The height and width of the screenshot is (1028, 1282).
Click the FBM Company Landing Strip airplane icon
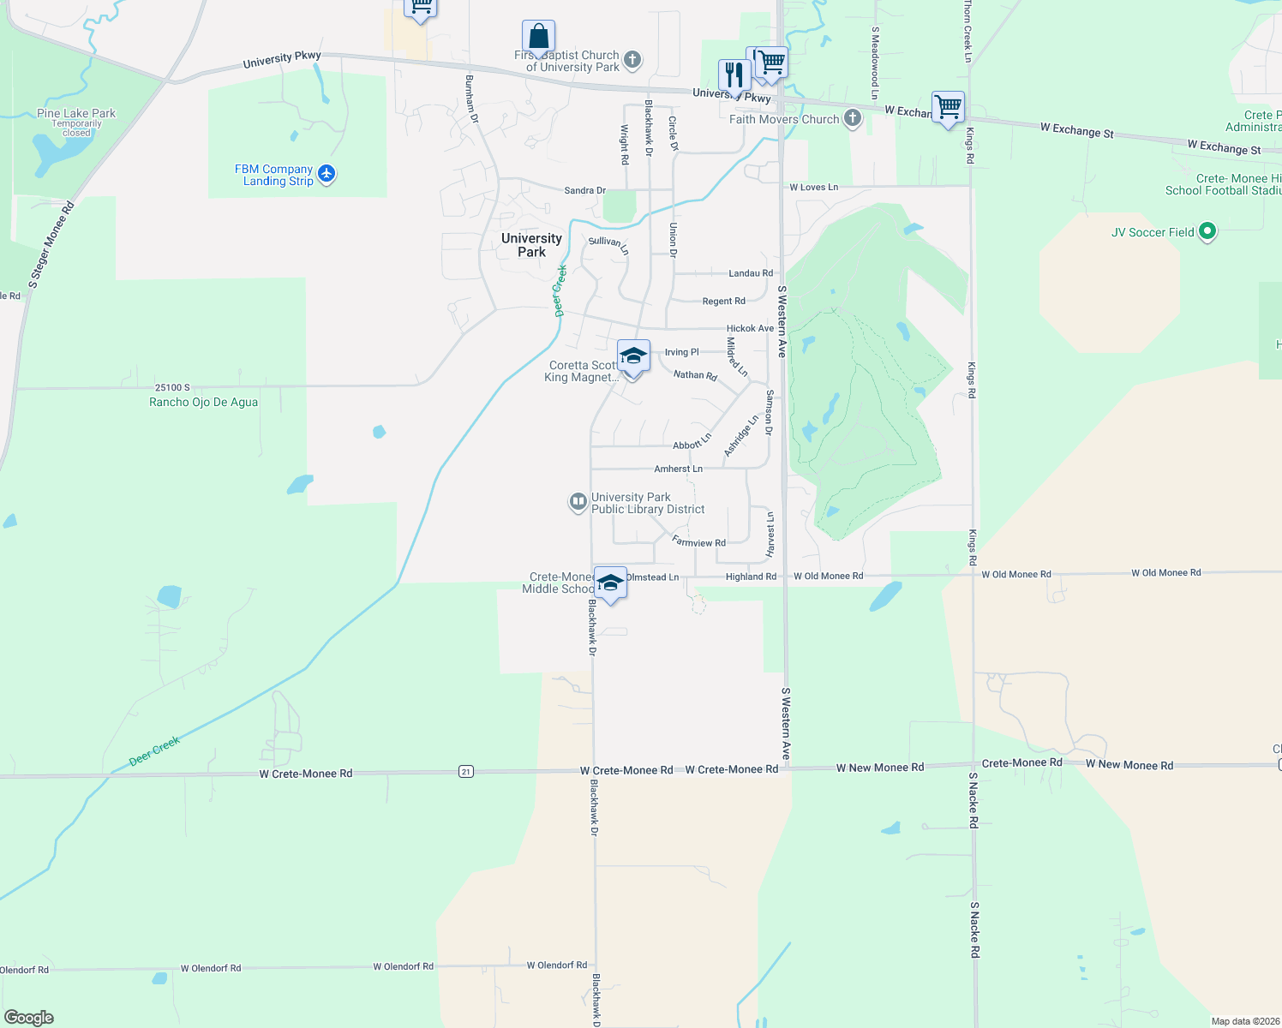326,174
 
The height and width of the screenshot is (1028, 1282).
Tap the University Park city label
531,245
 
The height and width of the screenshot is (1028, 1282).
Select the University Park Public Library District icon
578,502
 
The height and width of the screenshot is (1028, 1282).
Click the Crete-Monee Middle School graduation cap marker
610,583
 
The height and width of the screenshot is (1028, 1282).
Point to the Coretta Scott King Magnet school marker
633,356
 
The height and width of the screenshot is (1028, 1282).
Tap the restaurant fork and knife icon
734,75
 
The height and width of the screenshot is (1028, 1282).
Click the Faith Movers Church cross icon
853,118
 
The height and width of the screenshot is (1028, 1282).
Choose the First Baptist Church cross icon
632,60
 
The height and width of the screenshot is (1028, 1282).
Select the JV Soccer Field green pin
1207,231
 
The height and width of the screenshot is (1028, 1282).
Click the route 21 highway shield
465,771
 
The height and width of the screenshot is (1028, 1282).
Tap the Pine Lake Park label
76,113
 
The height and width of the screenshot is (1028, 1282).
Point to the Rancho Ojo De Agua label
203,402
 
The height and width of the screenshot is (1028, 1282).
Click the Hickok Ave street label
750,328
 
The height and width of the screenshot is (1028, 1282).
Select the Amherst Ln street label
678,469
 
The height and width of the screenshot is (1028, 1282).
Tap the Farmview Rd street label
698,541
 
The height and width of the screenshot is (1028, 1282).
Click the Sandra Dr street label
584,190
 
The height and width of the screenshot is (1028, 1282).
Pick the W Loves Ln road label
813,187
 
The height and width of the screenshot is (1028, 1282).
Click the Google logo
29,1017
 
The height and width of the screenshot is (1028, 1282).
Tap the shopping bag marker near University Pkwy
538,37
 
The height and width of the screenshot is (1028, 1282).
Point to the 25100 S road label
172,387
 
